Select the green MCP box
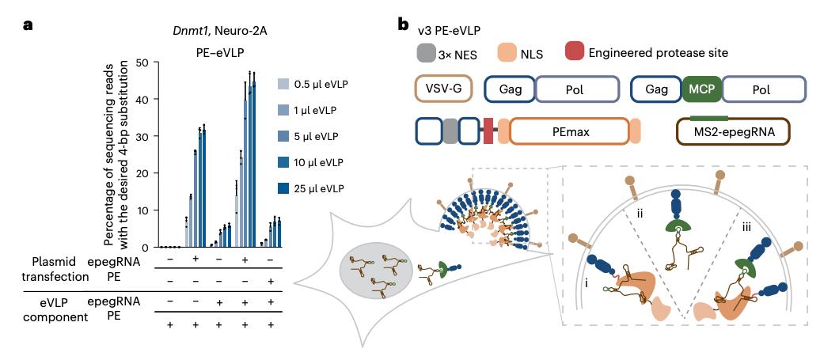click(x=700, y=90)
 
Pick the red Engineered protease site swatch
click(x=575, y=53)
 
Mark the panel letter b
click(x=404, y=25)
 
